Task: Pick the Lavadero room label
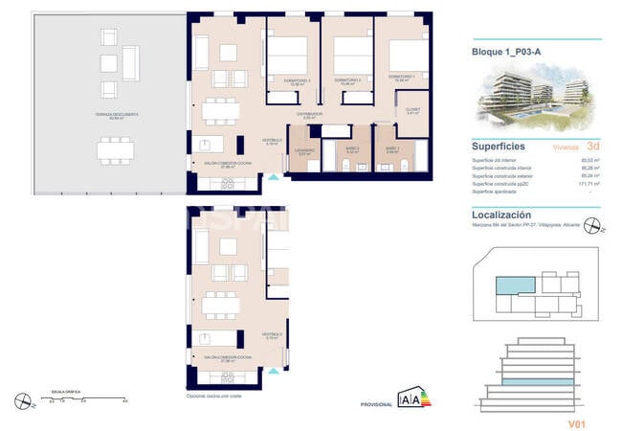point(303,150)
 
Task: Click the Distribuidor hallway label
point(308,114)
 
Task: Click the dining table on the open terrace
point(116,149)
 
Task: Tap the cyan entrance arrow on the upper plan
point(276,176)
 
